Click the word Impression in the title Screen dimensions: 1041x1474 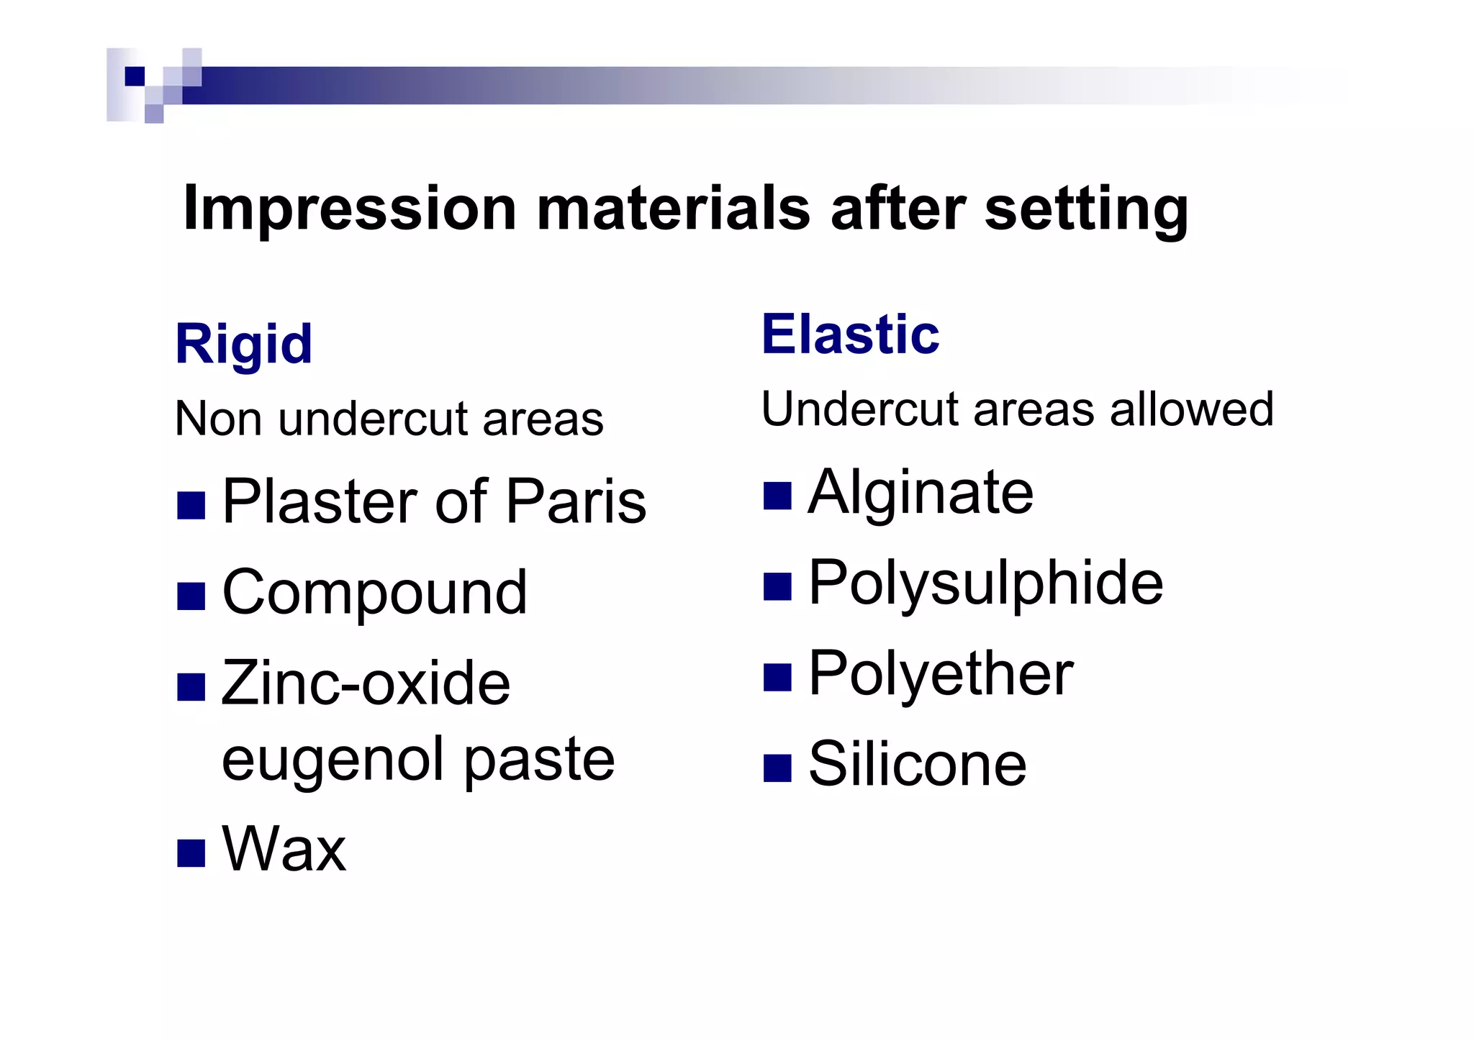[350, 209]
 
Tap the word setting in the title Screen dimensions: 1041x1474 [1086, 210]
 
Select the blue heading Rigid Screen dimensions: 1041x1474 [244, 345]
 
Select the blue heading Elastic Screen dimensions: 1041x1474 [851, 335]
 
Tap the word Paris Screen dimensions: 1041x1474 [576, 501]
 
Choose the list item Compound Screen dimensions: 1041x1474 [374, 593]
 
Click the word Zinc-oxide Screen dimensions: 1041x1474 [366, 683]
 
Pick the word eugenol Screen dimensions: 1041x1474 [333, 760]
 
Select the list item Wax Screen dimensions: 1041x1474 [284, 850]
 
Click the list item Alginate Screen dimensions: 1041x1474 [921, 492]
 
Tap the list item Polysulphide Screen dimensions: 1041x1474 [985, 583]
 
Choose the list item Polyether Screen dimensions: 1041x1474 [941, 674]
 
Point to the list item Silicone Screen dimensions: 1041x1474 [918, 765]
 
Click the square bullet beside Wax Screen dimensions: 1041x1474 [191, 853]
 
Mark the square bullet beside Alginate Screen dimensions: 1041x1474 [777, 496]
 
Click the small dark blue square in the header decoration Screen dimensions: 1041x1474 [135, 76]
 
